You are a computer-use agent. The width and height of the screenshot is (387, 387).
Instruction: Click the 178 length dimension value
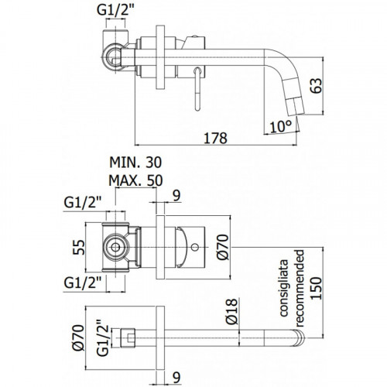(x=216, y=139)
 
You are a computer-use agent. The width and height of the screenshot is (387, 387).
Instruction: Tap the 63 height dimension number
(x=317, y=85)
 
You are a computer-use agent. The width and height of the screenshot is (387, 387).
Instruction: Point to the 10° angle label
(x=280, y=127)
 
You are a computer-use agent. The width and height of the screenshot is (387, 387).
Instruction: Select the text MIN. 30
(x=135, y=163)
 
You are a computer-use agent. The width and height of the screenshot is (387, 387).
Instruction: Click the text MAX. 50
(x=135, y=180)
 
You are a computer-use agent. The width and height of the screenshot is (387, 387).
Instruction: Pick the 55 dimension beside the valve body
(x=79, y=248)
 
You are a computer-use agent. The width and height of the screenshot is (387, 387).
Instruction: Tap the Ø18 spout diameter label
(x=231, y=312)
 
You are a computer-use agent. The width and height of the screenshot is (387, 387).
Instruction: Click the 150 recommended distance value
(x=317, y=288)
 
